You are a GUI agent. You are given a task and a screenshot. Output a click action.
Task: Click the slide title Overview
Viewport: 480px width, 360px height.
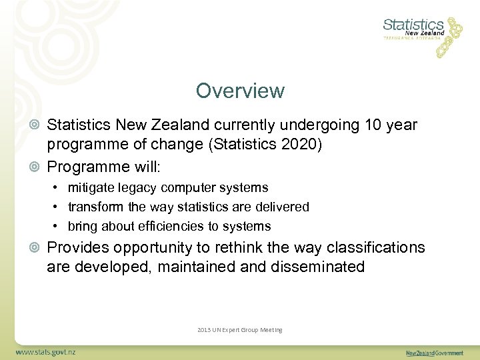240,91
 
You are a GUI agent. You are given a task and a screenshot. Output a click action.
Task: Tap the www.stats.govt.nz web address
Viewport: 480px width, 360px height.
45,351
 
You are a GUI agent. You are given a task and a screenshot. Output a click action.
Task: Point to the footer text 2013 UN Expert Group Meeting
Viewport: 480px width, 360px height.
240,329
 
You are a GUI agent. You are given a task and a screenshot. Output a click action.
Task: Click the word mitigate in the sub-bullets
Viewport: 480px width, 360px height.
91,188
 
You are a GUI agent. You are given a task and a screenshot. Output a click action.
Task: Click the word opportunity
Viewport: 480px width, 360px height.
151,248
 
